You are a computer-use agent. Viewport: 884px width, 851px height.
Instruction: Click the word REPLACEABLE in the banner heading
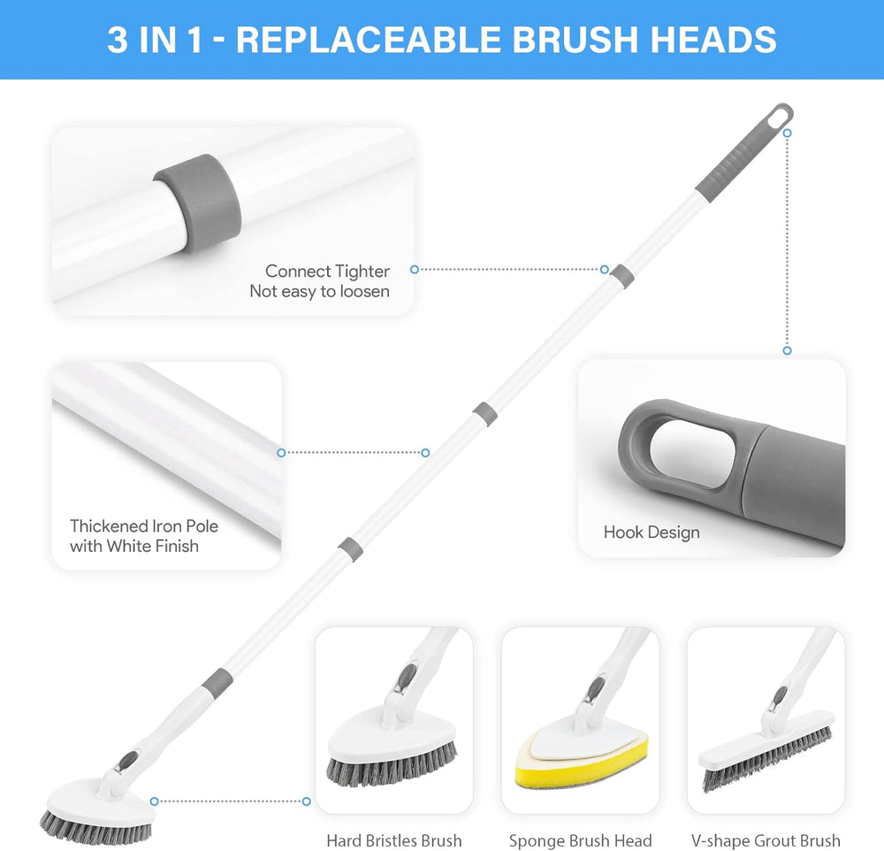coord(369,40)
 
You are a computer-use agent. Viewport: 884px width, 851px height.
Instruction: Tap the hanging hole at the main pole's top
coord(781,116)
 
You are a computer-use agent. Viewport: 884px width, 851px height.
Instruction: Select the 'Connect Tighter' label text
coord(327,271)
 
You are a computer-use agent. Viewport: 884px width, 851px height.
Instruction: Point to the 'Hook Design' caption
coord(652,533)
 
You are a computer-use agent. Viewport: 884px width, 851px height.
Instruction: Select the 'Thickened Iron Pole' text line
coord(144,526)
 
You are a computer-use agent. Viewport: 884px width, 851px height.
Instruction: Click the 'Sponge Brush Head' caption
coord(580,840)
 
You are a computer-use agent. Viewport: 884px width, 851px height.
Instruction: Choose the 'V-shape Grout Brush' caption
coord(766,840)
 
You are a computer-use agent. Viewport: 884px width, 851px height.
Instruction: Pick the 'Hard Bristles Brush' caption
coord(394,840)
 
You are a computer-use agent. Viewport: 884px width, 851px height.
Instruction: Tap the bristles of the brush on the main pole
coord(95,827)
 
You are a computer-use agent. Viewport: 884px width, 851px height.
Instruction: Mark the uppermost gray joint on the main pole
coord(622,276)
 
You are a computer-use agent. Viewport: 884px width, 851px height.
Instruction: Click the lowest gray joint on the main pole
coord(217,684)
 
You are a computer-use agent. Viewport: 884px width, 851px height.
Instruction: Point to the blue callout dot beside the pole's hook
coord(788,134)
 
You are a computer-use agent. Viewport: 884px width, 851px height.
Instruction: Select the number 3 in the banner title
coord(118,40)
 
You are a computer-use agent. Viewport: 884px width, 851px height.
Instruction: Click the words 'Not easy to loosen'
coord(320,291)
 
